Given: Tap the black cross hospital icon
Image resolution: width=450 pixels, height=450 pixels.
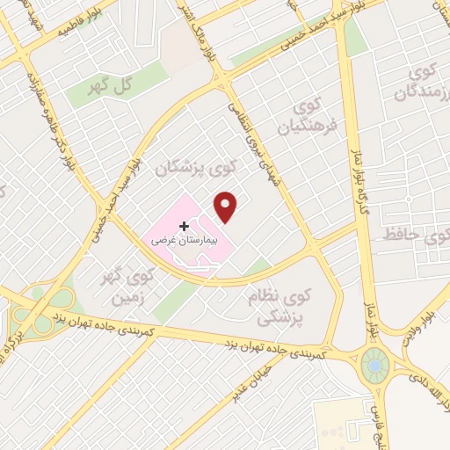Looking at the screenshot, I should [183, 226].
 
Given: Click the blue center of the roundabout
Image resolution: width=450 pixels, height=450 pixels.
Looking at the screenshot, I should [374, 361].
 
